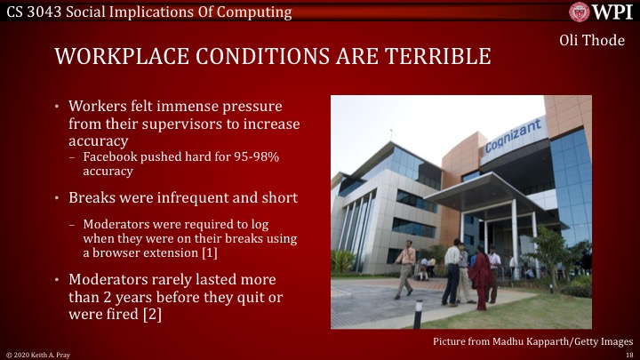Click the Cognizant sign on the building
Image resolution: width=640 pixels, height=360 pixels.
click(513, 135)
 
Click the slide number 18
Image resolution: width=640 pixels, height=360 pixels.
click(628, 354)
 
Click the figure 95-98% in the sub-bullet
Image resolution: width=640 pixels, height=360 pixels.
click(250, 156)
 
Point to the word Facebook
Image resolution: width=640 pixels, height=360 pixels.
click(112, 156)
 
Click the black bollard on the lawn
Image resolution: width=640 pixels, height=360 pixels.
click(417, 313)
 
